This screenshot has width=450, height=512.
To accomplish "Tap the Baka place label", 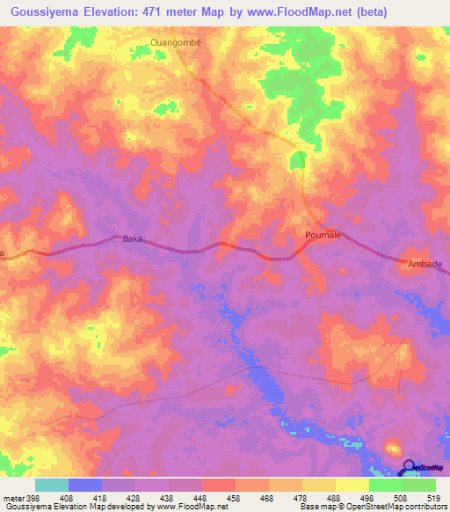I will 132,238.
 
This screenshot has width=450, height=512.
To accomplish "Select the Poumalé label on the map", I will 322,235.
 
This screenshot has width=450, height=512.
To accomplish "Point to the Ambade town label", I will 424,263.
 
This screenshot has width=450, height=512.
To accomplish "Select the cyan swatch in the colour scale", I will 52,485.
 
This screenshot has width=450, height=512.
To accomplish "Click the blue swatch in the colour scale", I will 85,485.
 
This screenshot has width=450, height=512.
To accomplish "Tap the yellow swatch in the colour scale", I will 352,485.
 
